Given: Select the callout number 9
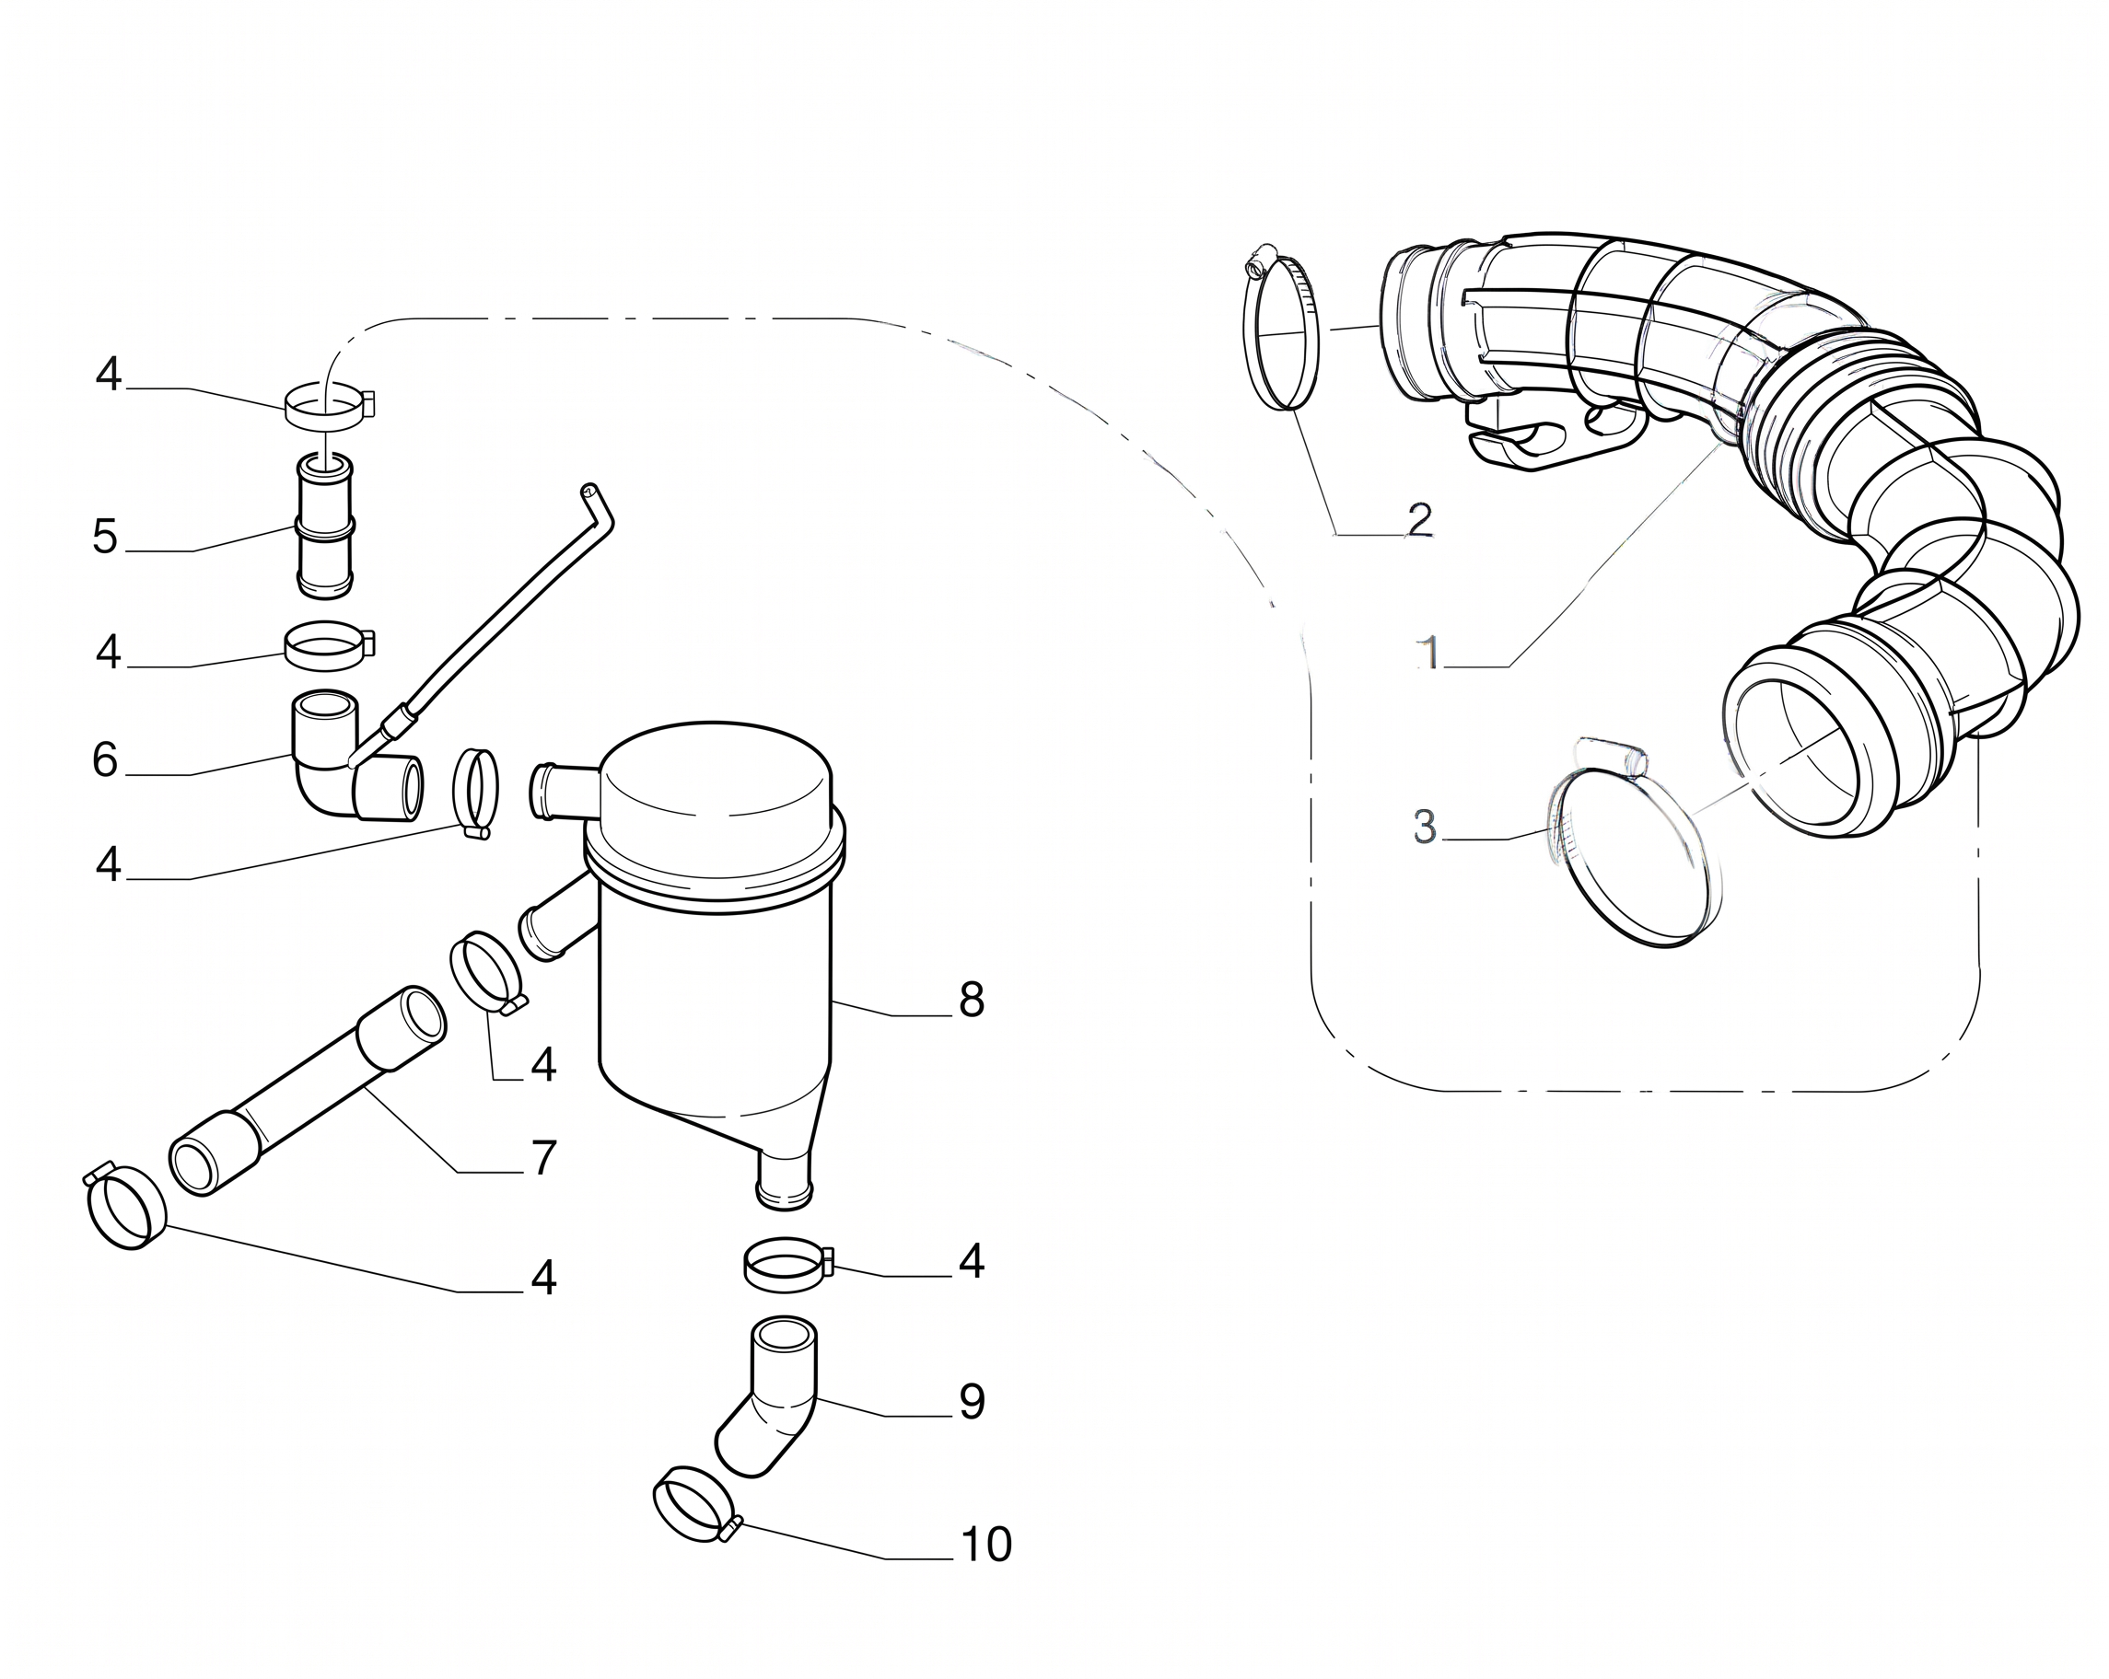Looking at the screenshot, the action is (x=972, y=1401).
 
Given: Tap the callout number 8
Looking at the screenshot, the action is (x=972, y=1001).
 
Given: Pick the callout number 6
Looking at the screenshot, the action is (x=106, y=759).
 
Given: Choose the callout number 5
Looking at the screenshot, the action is (x=106, y=537).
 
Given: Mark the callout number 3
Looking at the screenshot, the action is (x=1426, y=827).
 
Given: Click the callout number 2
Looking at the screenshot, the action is (x=1419, y=519).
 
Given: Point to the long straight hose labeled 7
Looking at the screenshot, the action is (x=308, y=1090).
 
